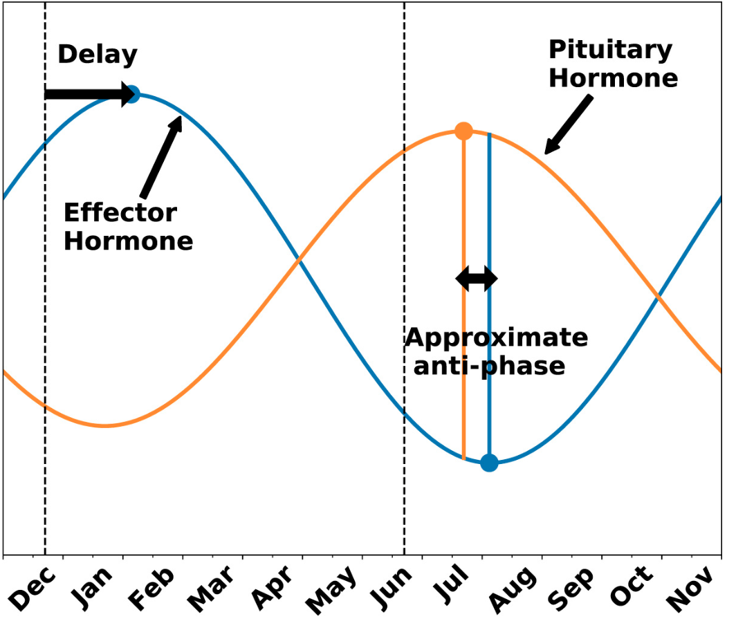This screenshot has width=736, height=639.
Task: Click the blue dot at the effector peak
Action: click(x=132, y=94)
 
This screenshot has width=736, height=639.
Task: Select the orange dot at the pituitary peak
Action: click(x=463, y=131)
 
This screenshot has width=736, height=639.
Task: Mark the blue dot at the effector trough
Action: click(x=489, y=463)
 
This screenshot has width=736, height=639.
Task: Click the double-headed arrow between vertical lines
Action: click(x=476, y=279)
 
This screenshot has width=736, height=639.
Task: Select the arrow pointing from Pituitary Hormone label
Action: click(x=569, y=124)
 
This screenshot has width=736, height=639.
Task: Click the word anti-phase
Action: click(x=489, y=366)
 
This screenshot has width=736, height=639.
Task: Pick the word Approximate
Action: click(x=496, y=338)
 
